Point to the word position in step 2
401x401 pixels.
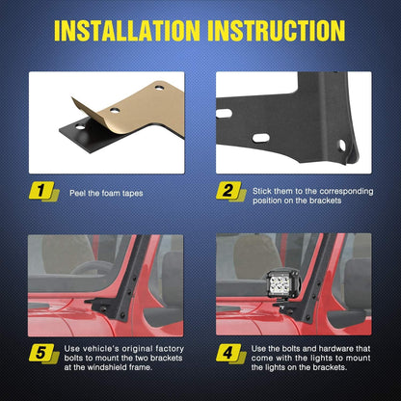[x=269, y=201]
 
